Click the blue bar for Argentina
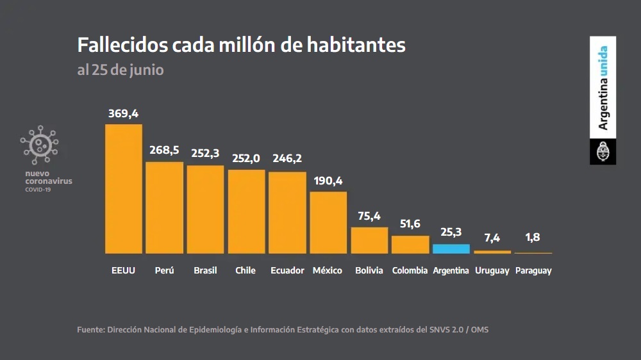pyautogui.click(x=451, y=249)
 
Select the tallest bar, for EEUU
pyautogui.click(x=123, y=188)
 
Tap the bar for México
pyautogui.click(x=328, y=222)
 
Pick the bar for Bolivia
pyautogui.click(x=369, y=240)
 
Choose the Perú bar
pyautogui.click(x=164, y=208)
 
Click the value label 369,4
pyautogui.click(x=123, y=113)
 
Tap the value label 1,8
pyautogui.click(x=533, y=237)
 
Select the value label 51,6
pyautogui.click(x=410, y=224)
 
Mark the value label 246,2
pyautogui.click(x=287, y=158)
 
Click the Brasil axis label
pyautogui.click(x=205, y=270)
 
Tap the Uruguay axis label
pyautogui.click(x=492, y=270)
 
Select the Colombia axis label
pyautogui.click(x=410, y=270)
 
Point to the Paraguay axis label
pyautogui.click(x=533, y=270)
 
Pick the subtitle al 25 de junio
pyautogui.click(x=121, y=70)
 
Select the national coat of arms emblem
pyautogui.click(x=603, y=154)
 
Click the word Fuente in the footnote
pyautogui.click(x=90, y=330)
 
